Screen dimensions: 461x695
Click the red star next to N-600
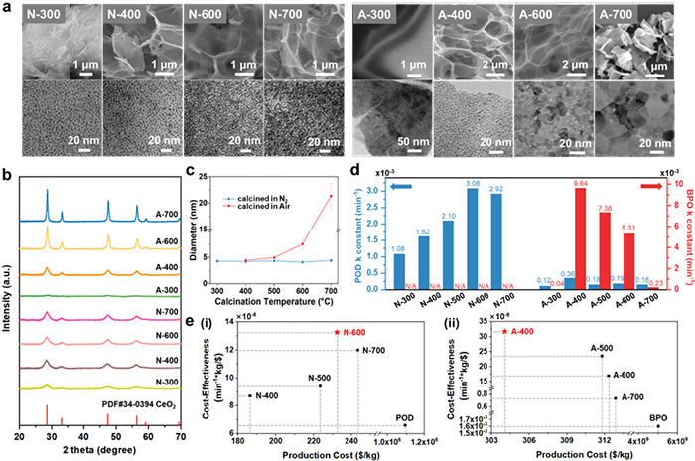[338, 331]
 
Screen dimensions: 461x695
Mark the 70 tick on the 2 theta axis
[180, 435]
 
